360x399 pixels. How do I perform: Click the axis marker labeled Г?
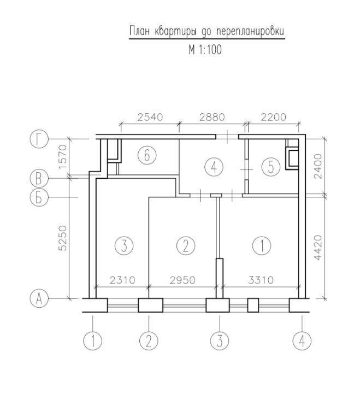click(39, 139)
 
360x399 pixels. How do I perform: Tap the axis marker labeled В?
click(39, 178)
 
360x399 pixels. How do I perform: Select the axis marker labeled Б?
click(39, 197)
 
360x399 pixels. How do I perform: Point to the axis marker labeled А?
click(39, 298)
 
